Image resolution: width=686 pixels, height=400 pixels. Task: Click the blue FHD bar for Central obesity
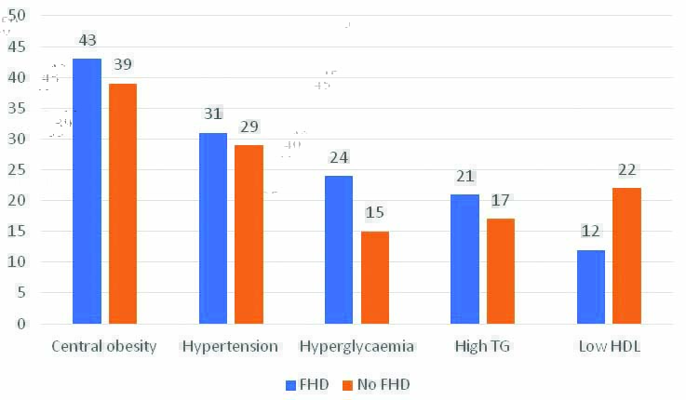(x=87, y=191)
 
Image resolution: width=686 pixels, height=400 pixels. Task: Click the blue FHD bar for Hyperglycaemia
(x=339, y=249)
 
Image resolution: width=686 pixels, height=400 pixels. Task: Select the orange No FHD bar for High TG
(x=501, y=271)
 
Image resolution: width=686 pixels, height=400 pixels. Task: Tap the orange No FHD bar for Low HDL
(x=627, y=256)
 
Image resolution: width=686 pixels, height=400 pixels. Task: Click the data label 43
(x=87, y=41)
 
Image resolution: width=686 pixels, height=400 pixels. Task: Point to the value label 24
(x=339, y=158)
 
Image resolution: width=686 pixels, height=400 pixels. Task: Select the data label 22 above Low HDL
(x=627, y=170)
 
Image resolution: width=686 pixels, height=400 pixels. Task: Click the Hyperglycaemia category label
(x=356, y=347)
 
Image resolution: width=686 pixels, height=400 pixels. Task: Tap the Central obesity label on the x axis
(x=104, y=347)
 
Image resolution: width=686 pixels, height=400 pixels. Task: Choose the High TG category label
(x=483, y=347)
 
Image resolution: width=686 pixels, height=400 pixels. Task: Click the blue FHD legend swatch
(x=289, y=384)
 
